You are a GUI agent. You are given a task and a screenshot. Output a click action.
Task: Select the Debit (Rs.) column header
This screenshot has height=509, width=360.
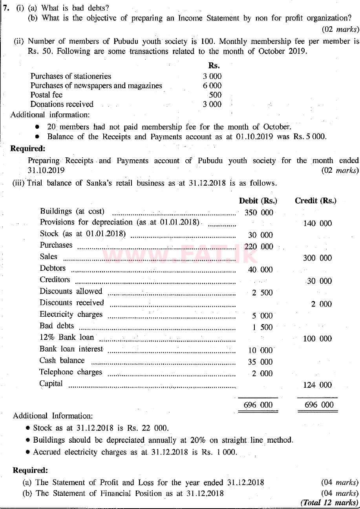pyautogui.click(x=258, y=201)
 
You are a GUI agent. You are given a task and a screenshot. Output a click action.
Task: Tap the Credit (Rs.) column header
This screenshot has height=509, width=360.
pyautogui.click(x=315, y=201)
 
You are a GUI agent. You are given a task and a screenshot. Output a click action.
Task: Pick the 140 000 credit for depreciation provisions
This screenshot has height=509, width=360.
pyautogui.click(x=317, y=223)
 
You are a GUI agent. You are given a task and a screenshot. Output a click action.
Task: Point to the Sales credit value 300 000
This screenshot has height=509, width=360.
pyautogui.click(x=317, y=258)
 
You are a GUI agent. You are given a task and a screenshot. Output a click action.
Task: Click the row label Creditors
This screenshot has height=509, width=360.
pyautogui.click(x=55, y=280)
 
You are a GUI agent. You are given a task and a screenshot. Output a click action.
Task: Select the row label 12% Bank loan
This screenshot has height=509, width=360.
pyautogui.click(x=67, y=338)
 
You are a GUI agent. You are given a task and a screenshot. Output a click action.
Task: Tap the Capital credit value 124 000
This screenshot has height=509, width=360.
pyautogui.click(x=317, y=385)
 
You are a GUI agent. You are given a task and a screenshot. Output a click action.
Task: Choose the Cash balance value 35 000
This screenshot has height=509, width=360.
pyautogui.click(x=260, y=362)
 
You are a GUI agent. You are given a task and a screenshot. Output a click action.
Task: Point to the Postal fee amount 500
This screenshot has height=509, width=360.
pyautogui.click(x=215, y=95)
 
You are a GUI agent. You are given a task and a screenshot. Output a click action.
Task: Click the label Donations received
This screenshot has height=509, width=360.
pyautogui.click(x=62, y=104)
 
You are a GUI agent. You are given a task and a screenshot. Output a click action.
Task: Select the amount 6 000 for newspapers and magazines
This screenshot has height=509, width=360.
pyautogui.click(x=212, y=86)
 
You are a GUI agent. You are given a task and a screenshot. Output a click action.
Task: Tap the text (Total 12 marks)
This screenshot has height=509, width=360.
pyautogui.click(x=329, y=502)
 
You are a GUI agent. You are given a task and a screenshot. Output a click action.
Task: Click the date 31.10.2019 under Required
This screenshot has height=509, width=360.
pyautogui.click(x=46, y=171)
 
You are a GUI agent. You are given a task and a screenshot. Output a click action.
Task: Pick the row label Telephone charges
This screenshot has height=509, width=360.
pyautogui.click(x=71, y=372)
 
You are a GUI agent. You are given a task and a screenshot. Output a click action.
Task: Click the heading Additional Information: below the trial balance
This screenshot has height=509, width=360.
pyautogui.click(x=53, y=416)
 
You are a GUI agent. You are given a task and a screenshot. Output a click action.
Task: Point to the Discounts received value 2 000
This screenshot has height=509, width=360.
pyautogui.click(x=321, y=304)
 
